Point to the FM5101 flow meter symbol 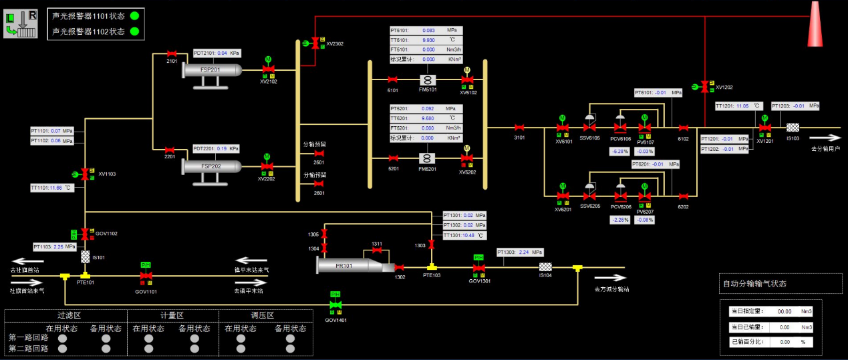(428, 80)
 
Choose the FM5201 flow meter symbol (428, 158)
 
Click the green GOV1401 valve (334, 306)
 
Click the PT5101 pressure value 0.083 (429, 31)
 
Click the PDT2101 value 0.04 (223, 53)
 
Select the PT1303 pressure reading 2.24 (525, 252)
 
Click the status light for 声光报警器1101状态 (134, 15)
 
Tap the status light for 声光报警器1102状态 (134, 31)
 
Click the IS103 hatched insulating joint (793, 128)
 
